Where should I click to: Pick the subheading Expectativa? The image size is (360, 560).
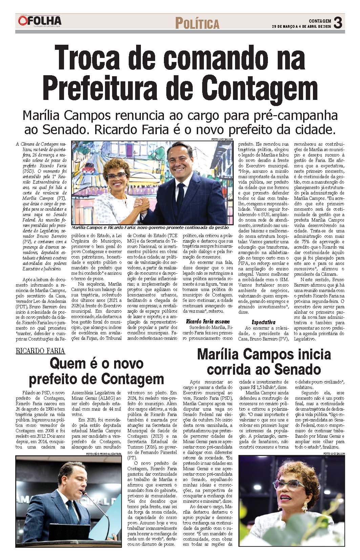263,322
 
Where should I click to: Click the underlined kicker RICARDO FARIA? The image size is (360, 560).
40,351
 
